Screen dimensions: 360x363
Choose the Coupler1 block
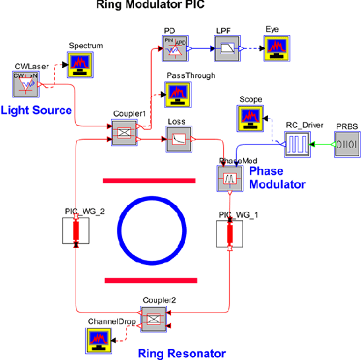coord(121,133)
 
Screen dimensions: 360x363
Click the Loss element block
coord(178,138)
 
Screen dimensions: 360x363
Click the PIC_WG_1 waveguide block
coord(230,234)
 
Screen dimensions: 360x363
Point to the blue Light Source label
coord(36,109)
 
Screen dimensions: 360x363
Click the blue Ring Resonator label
coord(181,353)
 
